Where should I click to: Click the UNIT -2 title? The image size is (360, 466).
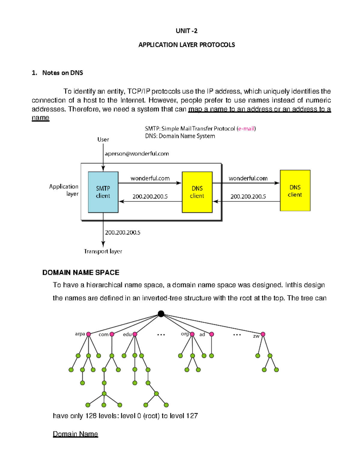coord(186,31)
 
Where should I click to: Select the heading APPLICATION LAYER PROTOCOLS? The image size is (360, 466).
coord(186,45)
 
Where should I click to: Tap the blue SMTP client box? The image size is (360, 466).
coord(103,192)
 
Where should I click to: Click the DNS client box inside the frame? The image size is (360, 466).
coord(197,192)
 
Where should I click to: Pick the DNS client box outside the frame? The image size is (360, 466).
coord(295,191)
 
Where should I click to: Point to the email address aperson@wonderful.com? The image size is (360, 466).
coord(136,154)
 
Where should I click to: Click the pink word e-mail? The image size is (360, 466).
coord(246,129)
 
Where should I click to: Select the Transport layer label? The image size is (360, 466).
coord(103,251)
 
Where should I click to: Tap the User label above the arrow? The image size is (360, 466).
coord(103,140)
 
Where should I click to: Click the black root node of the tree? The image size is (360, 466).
coord(161,314)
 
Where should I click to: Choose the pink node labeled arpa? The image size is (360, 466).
coord(88,334)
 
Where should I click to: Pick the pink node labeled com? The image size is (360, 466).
coord(112,334)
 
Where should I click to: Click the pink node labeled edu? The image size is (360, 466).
coord(135,334)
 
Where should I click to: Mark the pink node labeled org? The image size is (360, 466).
coord(192,334)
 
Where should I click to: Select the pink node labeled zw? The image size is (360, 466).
coord(263,334)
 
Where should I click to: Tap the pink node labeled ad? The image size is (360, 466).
coord(211,334)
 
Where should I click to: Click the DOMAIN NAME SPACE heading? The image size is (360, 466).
coord(81,272)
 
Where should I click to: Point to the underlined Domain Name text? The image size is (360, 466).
coord(75,434)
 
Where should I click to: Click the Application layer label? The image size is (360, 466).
coord(64,190)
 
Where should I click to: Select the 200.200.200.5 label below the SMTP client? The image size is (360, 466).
coord(122,233)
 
